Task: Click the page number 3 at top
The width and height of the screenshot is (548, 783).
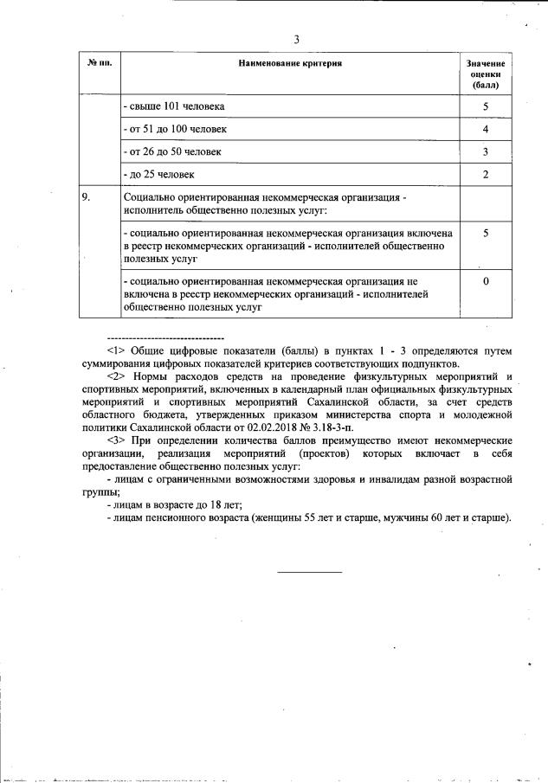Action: click(296, 40)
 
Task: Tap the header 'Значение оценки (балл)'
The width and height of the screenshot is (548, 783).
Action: click(486, 75)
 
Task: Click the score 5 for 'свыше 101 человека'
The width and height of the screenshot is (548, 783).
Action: click(486, 106)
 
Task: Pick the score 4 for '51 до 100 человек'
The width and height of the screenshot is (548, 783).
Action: click(486, 129)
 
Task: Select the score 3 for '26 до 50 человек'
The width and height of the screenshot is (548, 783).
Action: click(486, 151)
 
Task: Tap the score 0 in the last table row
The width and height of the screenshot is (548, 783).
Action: click(486, 282)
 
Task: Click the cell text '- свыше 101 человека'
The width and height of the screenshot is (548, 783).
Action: click(174, 106)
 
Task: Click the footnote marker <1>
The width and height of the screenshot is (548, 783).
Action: click(116, 350)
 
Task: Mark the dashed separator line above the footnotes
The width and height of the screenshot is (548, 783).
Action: click(164, 337)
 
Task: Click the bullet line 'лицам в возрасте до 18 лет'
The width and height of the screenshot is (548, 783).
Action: click(173, 504)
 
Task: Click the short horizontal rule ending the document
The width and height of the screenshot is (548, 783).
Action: click(309, 571)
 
